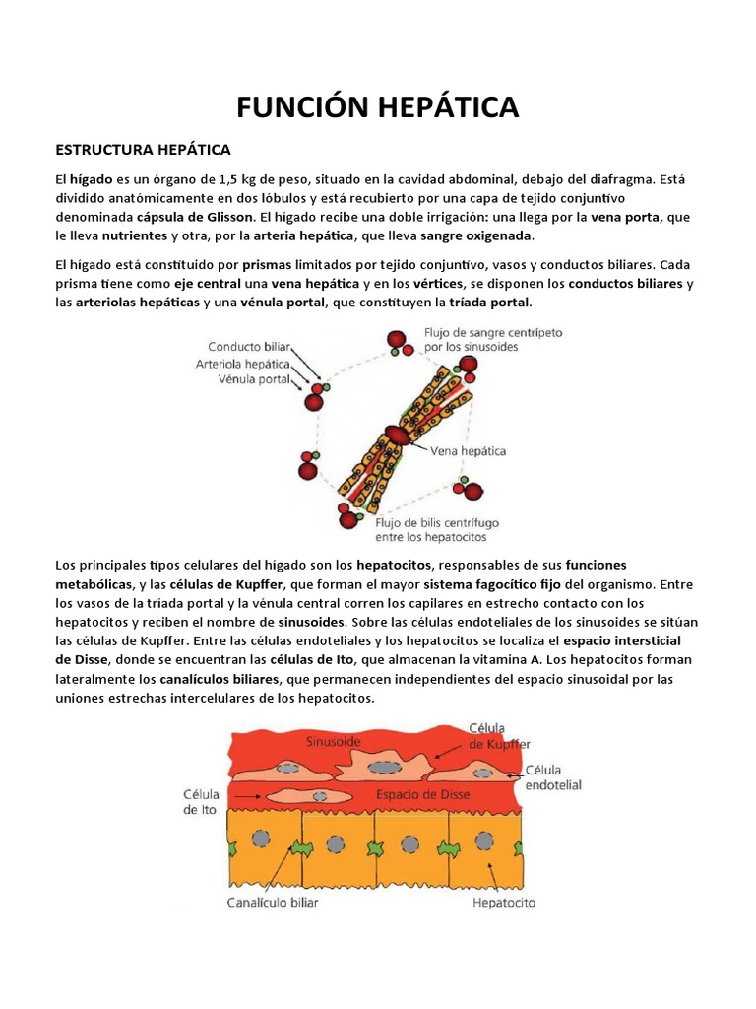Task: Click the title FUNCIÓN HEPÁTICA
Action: click(378, 106)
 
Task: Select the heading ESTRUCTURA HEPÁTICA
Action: click(143, 150)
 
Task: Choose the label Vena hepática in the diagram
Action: click(469, 451)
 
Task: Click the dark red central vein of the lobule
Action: click(397, 435)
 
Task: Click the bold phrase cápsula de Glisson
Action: click(204, 218)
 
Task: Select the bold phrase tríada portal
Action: click(489, 303)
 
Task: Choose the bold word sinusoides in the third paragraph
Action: click(312, 623)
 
